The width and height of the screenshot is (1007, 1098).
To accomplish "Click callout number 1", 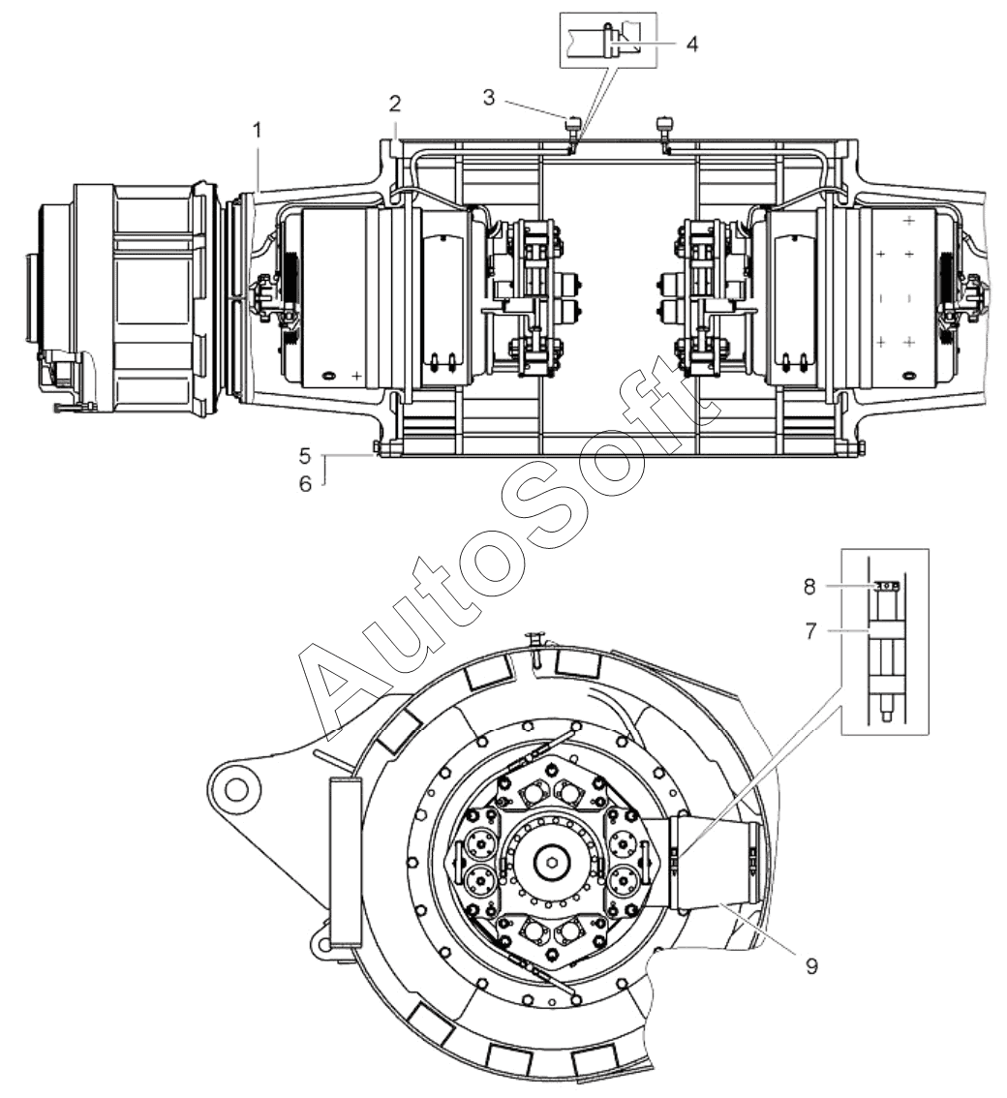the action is [x=258, y=130].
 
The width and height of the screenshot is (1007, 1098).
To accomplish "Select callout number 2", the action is [x=395, y=105].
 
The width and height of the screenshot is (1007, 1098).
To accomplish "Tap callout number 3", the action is [x=489, y=98].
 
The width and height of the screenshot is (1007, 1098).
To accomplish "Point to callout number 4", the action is [x=692, y=44].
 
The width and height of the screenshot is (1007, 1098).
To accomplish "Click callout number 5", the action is [x=305, y=457].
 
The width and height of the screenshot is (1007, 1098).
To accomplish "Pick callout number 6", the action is [x=305, y=483].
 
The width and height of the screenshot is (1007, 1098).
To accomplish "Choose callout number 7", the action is [x=810, y=631].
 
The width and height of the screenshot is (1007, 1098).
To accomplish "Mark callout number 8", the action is [x=809, y=587].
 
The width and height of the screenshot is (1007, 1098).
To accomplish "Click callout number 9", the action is [x=811, y=966].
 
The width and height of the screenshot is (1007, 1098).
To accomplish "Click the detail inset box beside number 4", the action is [x=609, y=40].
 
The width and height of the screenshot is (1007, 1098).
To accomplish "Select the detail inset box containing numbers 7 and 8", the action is [x=884, y=641].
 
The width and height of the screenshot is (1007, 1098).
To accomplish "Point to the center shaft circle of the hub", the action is [x=548, y=861].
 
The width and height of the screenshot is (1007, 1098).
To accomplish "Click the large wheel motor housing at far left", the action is [x=126, y=297].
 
